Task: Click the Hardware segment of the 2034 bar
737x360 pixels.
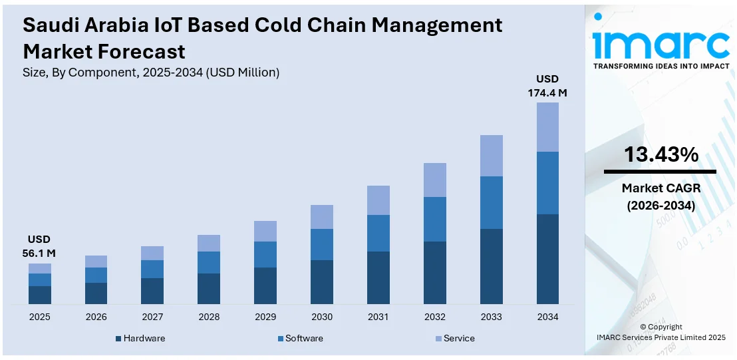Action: tap(547, 260)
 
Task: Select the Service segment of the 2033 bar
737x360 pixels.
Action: tap(491, 156)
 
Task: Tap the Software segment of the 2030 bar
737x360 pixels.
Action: tap(322, 244)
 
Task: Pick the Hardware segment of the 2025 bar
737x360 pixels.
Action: tap(40, 295)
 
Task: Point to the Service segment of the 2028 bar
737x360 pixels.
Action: tap(209, 243)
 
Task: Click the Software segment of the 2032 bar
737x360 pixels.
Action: tap(434, 219)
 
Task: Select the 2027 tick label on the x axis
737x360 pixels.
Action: tap(152, 317)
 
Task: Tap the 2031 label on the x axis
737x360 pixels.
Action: tap(378, 317)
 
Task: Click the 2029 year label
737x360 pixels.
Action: tap(265, 317)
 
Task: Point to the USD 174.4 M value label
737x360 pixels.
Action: tap(547, 86)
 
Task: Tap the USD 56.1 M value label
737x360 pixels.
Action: tap(40, 246)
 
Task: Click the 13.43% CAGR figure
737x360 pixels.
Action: tap(661, 155)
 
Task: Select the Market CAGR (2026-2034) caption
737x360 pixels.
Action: tap(661, 197)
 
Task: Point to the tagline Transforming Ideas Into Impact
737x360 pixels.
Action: tap(661, 66)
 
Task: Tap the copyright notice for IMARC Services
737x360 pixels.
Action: tap(661, 332)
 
